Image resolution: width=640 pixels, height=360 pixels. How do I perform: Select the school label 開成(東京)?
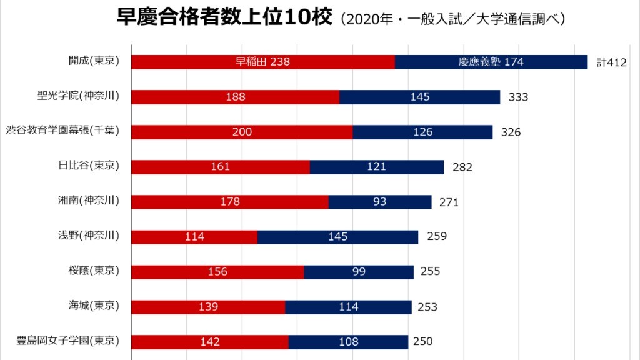pyautogui.click(x=94, y=61)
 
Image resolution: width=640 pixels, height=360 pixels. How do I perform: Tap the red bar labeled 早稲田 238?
pyautogui.click(x=263, y=62)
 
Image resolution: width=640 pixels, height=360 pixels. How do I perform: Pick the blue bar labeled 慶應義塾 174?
pyautogui.click(x=491, y=62)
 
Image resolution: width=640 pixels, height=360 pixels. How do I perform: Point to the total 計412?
pyautogui.click(x=611, y=62)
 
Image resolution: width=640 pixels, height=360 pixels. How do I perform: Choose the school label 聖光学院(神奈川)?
pyautogui.click(x=78, y=96)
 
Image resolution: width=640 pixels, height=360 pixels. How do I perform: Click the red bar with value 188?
pyautogui.click(x=235, y=97)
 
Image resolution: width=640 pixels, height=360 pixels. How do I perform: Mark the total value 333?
pyautogui.click(x=518, y=97)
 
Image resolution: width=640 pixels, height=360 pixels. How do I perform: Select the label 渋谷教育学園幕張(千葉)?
pyautogui.click(x=62, y=131)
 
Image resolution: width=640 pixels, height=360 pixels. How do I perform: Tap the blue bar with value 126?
pyautogui.click(x=422, y=132)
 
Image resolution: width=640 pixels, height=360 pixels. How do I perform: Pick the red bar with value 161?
pyautogui.click(x=221, y=167)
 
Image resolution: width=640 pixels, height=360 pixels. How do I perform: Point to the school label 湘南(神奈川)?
pyautogui.click(x=89, y=201)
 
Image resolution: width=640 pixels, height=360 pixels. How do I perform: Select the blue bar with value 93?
pyautogui.click(x=379, y=202)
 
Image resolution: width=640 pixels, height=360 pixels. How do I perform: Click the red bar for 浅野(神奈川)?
pyautogui.click(x=194, y=237)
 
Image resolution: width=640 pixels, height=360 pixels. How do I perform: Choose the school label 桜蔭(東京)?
pyautogui.click(x=94, y=271)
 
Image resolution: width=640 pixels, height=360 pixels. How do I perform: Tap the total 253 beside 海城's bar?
pyautogui.click(x=427, y=307)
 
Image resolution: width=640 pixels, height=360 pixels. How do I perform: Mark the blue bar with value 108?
pyautogui.click(x=348, y=342)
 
